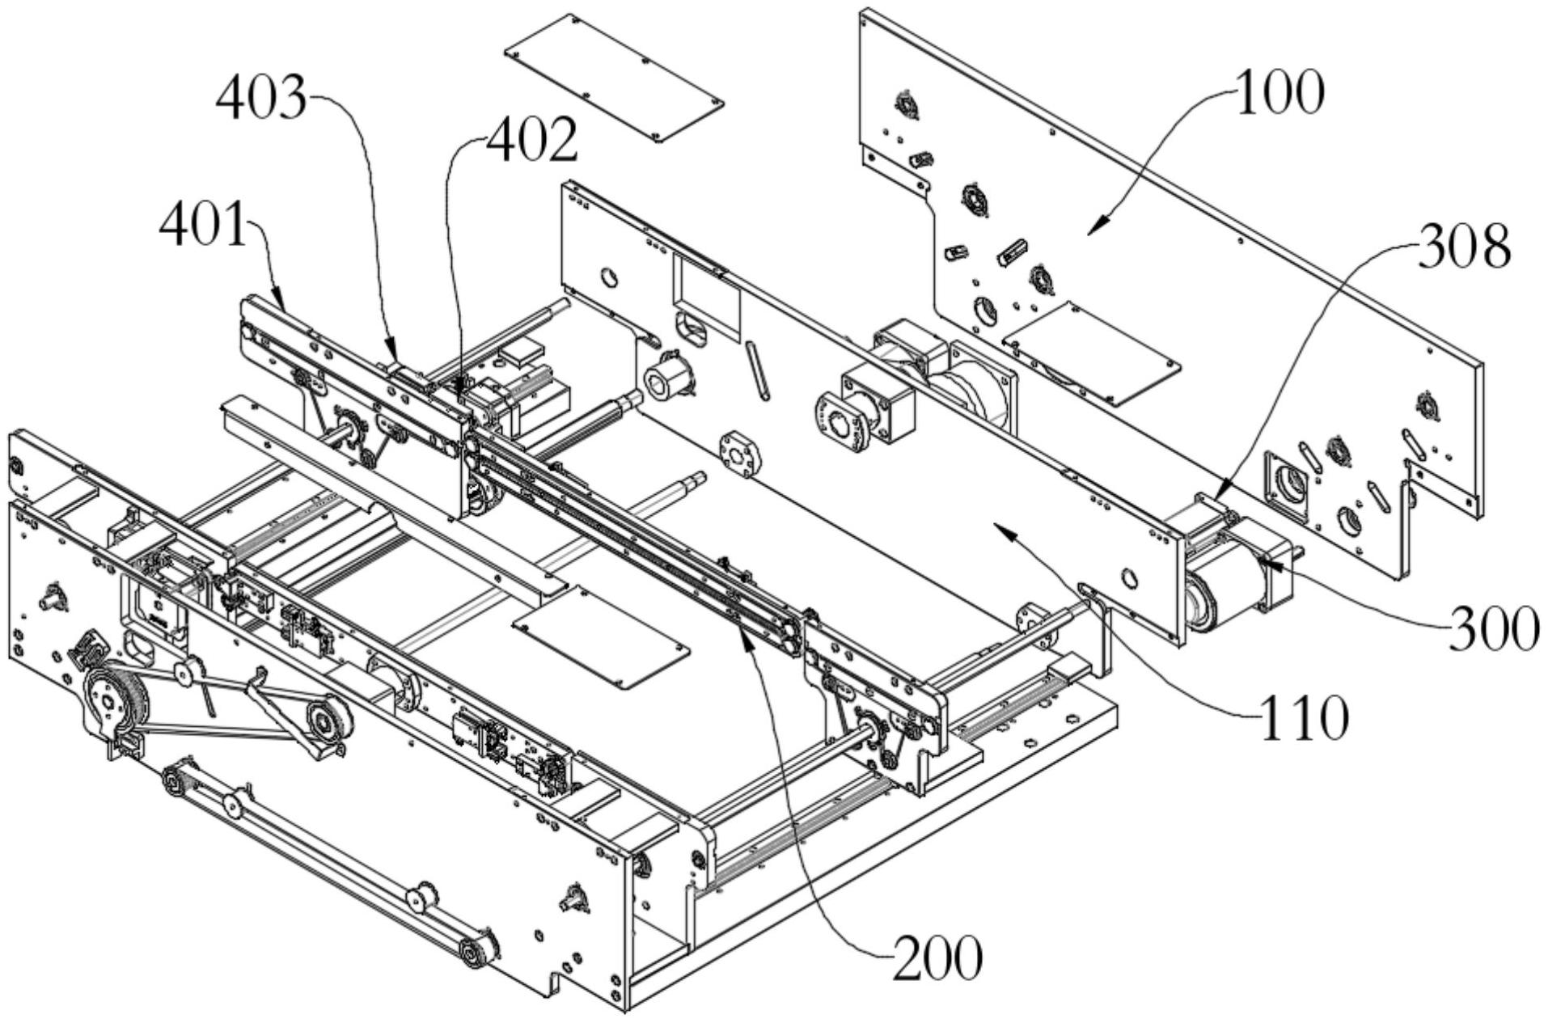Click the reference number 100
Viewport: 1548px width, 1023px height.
(x=1279, y=94)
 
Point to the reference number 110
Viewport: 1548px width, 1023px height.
(x=1304, y=717)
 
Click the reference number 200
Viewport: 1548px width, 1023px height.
(x=938, y=958)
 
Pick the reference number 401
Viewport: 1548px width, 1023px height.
(x=202, y=224)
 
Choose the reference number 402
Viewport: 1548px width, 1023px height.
(x=531, y=141)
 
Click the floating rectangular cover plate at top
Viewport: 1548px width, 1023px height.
(x=613, y=78)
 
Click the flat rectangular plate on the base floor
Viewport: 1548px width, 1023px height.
(x=600, y=636)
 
